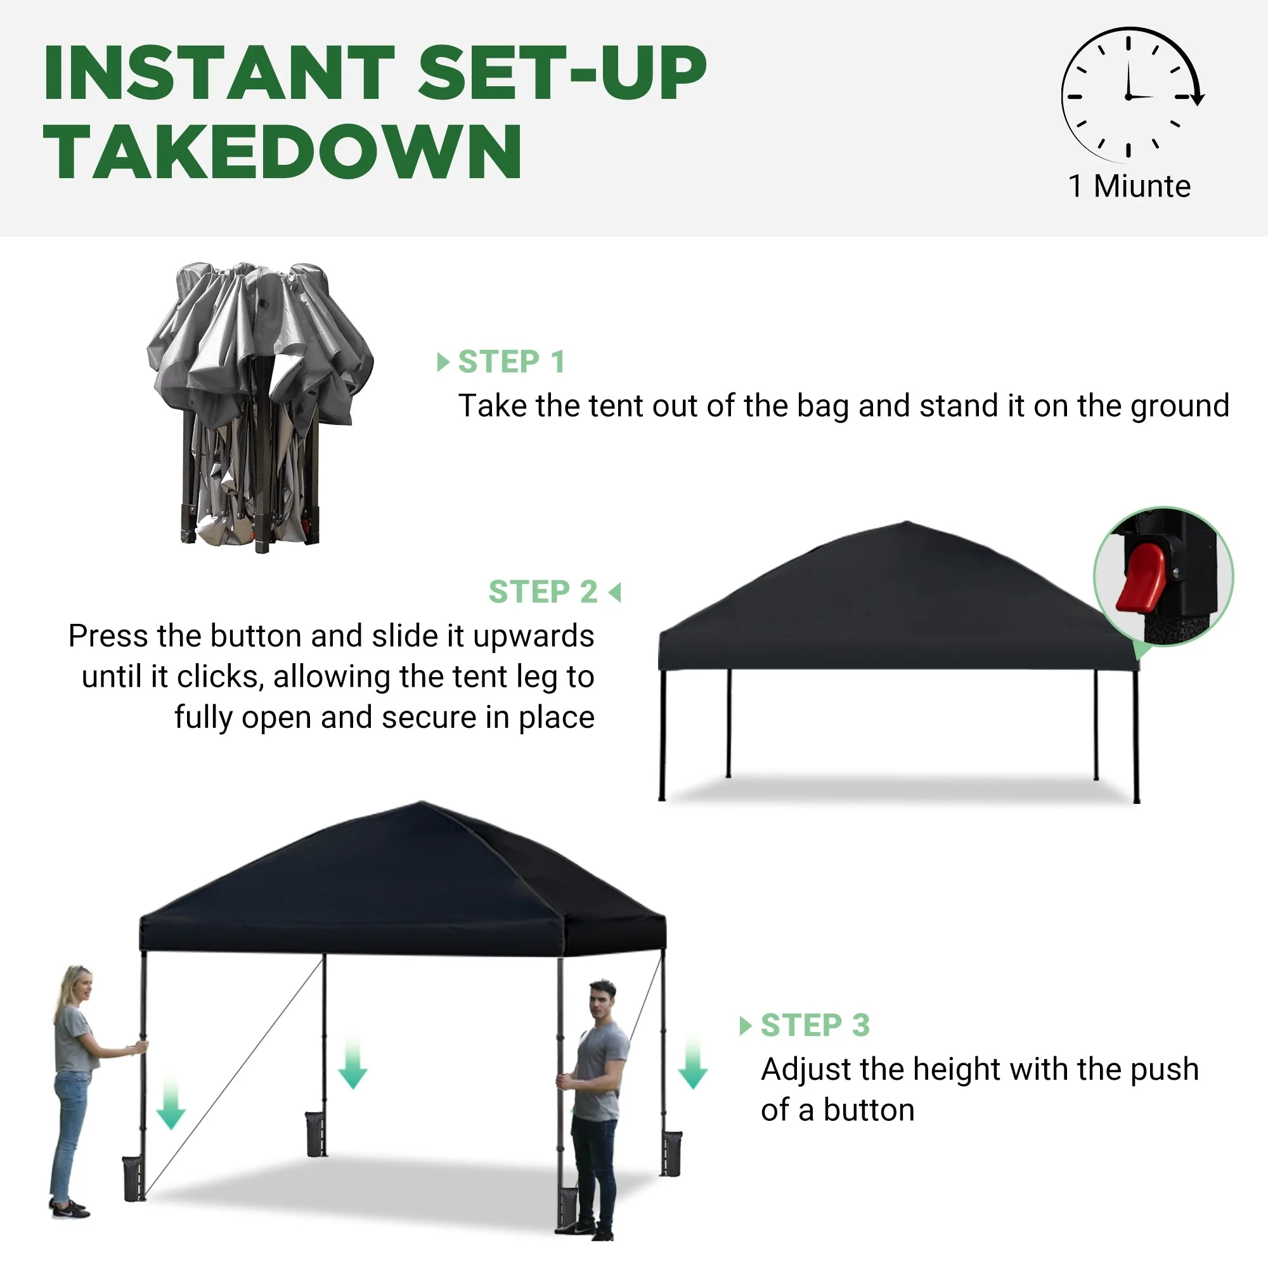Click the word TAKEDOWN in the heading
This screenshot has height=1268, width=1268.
[282, 152]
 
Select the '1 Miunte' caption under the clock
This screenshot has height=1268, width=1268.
[1129, 186]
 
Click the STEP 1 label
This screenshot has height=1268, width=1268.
[511, 361]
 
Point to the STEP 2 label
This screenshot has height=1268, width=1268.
[543, 592]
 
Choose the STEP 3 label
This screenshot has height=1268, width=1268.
[815, 1025]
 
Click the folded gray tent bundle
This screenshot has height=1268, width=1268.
[259, 407]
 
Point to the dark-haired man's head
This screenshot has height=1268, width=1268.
[602, 1000]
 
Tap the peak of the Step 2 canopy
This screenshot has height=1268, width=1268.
[908, 522]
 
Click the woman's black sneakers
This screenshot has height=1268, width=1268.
[69, 1208]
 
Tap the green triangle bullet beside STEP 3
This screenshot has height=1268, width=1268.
[745, 1026]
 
